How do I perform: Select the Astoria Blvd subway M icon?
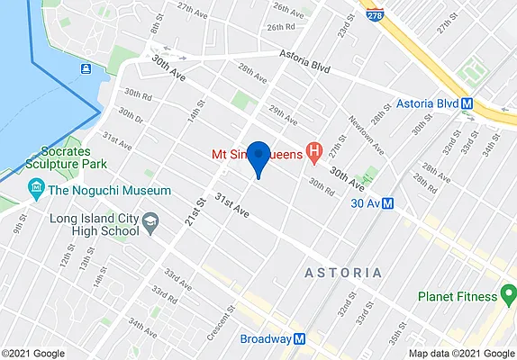pyautogui.click(x=467, y=103)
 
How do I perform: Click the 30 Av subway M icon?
pyautogui.click(x=386, y=203)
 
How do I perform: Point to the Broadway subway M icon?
pyautogui.click(x=301, y=339)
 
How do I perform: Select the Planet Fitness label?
pyautogui.click(x=457, y=296)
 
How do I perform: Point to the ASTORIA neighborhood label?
pyautogui.click(x=343, y=272)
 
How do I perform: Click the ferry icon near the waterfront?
pyautogui.click(x=85, y=69)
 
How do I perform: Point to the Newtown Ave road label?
pyautogui.click(x=364, y=134)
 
